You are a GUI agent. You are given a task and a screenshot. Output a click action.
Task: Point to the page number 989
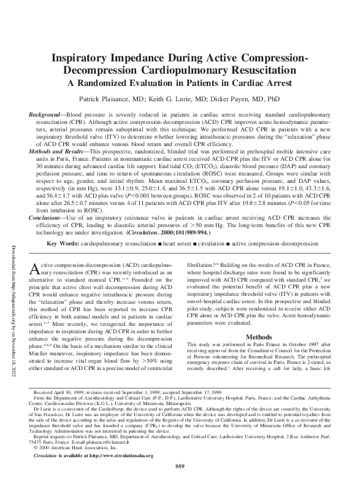pos(180,467)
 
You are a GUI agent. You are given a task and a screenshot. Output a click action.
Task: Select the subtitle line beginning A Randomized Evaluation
pos(180,84)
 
